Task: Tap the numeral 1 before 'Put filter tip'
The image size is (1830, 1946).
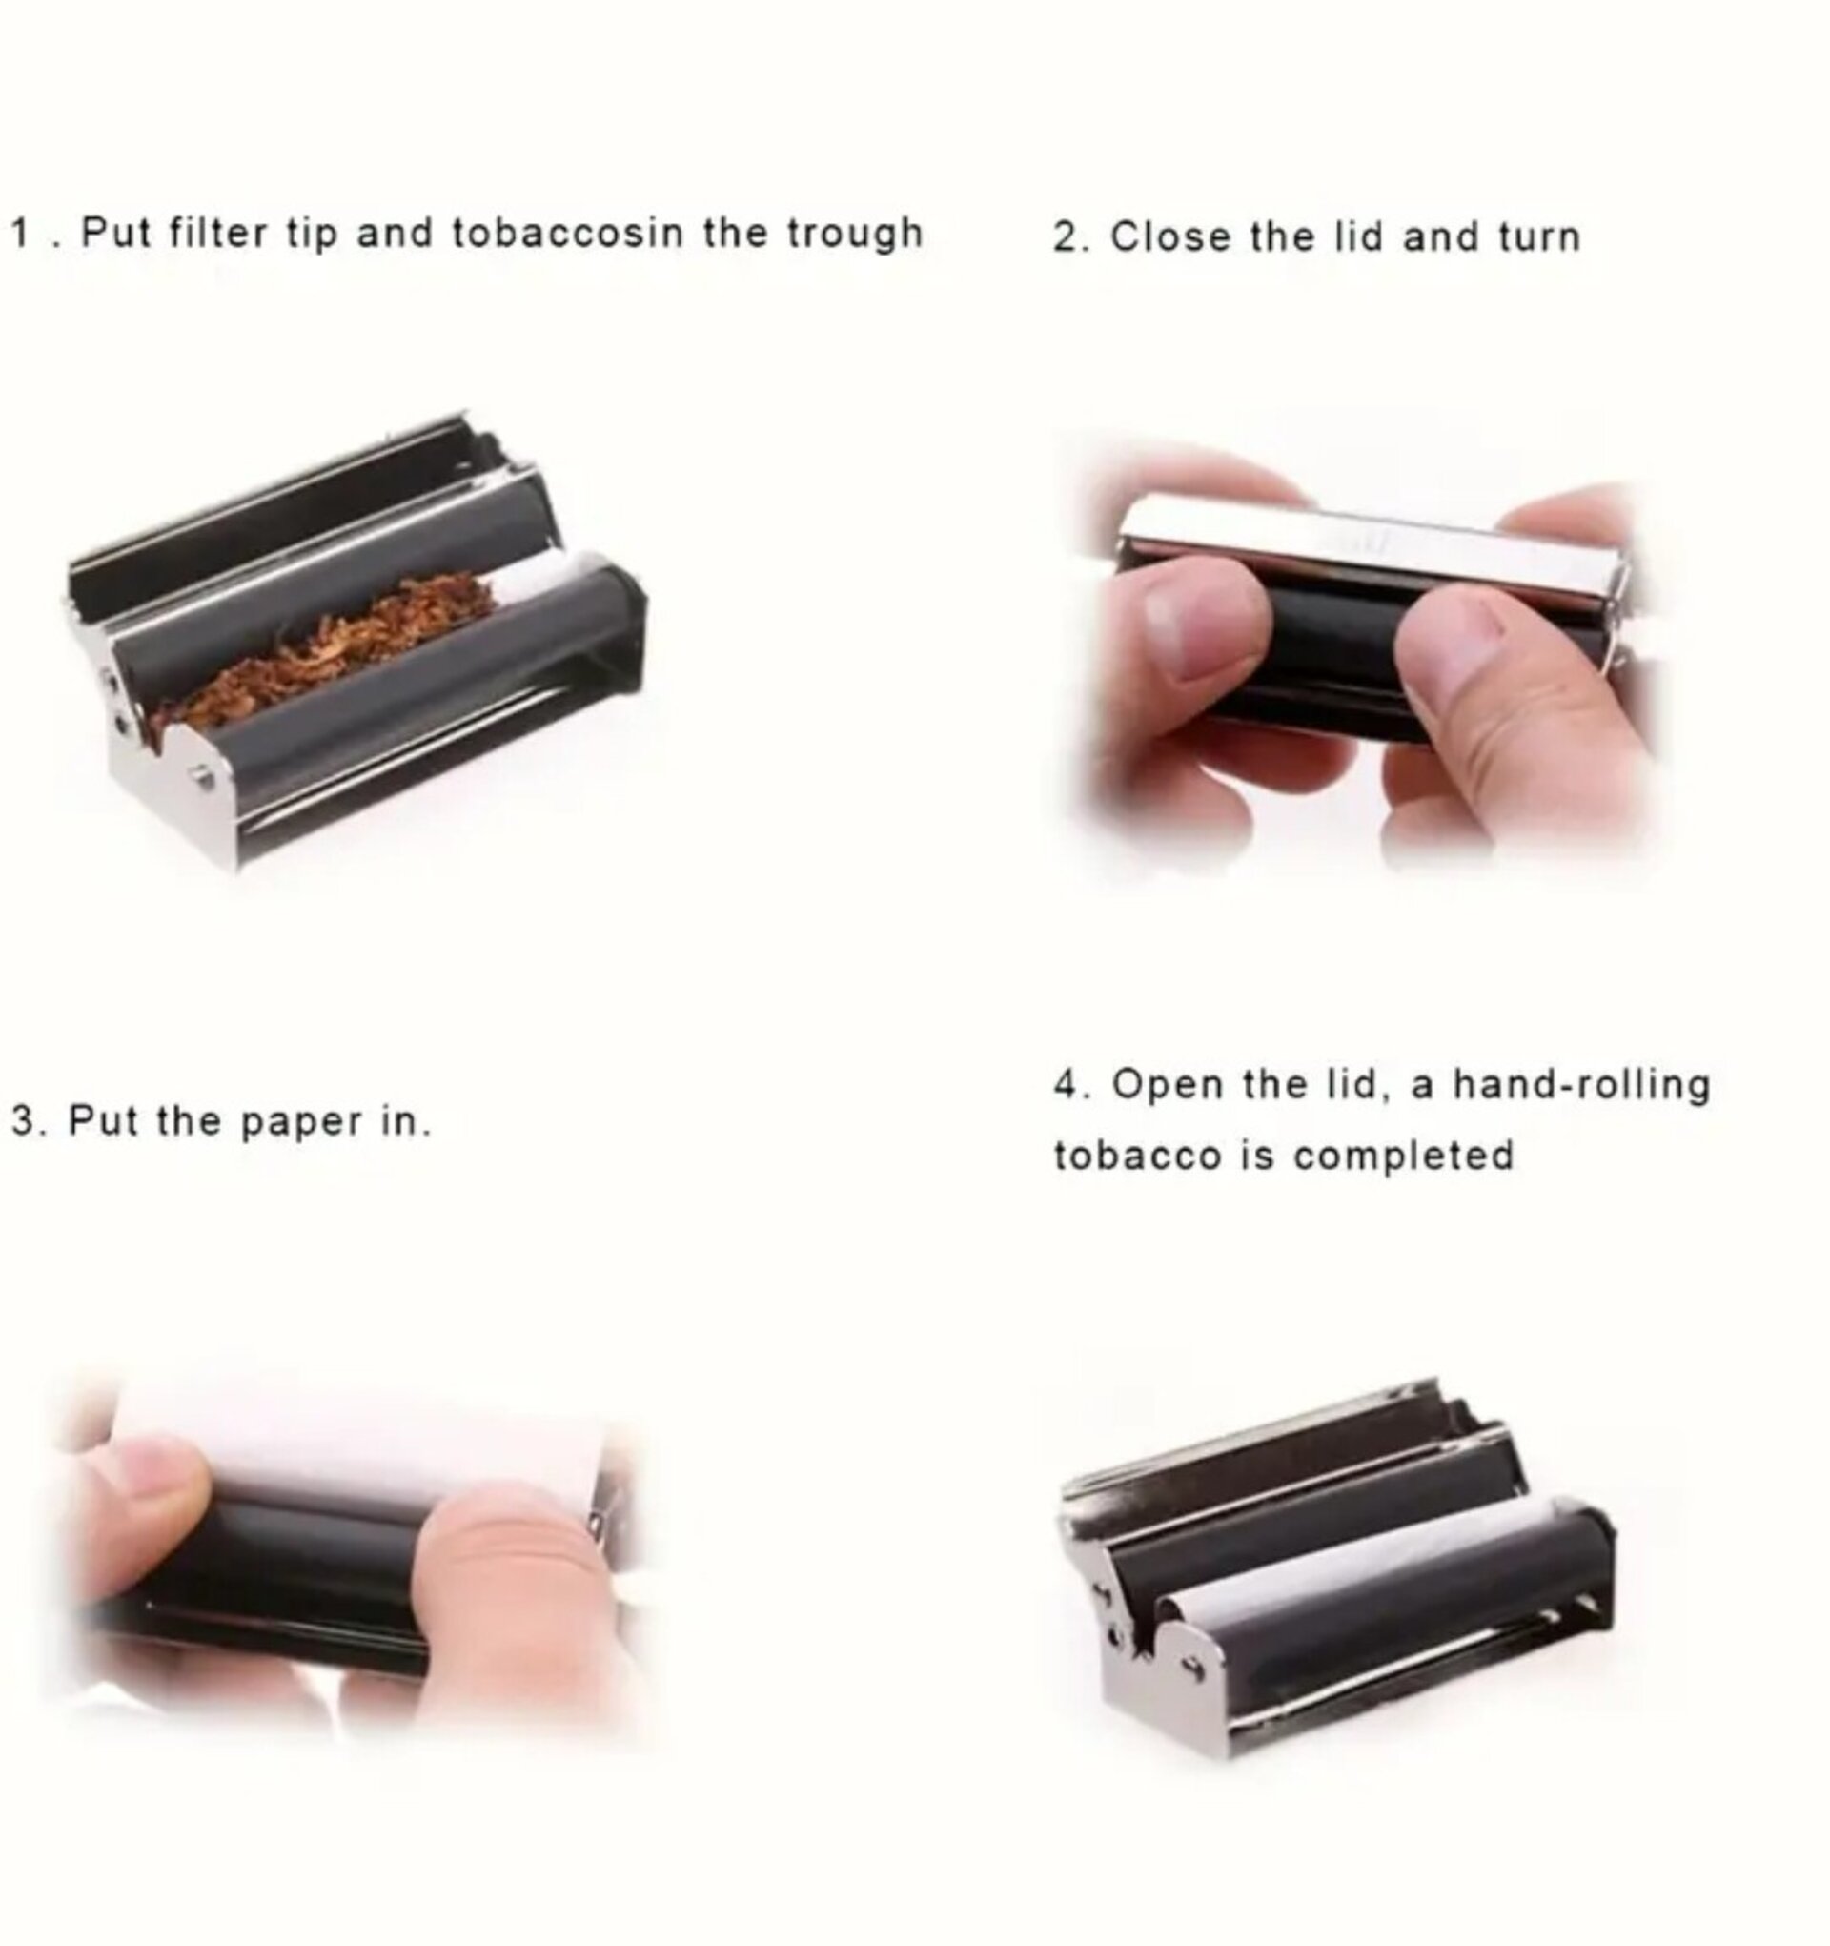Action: (19, 233)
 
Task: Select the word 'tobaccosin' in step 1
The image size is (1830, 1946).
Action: (568, 233)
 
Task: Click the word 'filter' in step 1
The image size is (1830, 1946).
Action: (217, 233)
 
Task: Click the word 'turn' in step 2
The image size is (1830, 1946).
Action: (1539, 237)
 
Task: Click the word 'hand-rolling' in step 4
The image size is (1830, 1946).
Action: (1581, 1085)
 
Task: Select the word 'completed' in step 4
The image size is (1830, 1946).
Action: (1404, 1156)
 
